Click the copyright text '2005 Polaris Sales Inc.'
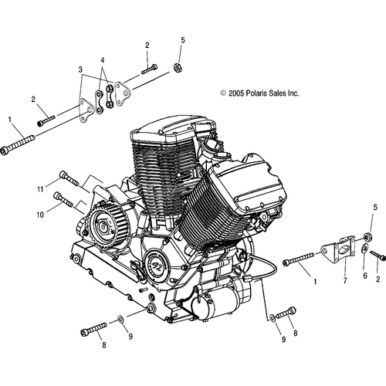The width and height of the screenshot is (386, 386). [264, 93]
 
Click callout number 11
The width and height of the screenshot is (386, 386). [40, 190]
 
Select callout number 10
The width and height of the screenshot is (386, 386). [40, 215]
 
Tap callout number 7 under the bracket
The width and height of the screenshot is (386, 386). [345, 281]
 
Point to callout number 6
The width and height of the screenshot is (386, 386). [365, 276]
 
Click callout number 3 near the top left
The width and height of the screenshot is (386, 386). [80, 69]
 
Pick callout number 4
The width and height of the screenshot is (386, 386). [103, 60]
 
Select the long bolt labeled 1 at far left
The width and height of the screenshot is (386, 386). [18, 144]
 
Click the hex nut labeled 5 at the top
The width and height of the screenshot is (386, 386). [178, 68]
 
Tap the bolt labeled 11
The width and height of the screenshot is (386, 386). [69, 178]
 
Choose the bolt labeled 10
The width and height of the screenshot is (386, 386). [63, 198]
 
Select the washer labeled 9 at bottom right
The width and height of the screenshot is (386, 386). [272, 317]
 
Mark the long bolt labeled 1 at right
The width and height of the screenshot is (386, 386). [298, 259]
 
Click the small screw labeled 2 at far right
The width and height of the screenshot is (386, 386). [378, 255]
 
